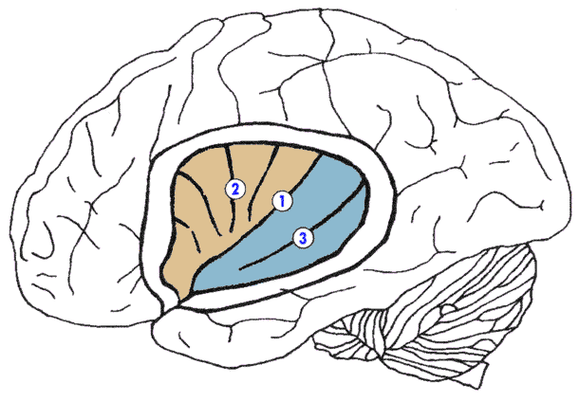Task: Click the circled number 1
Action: [x=281, y=200]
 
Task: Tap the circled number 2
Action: [x=233, y=189]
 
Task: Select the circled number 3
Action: [x=303, y=238]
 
